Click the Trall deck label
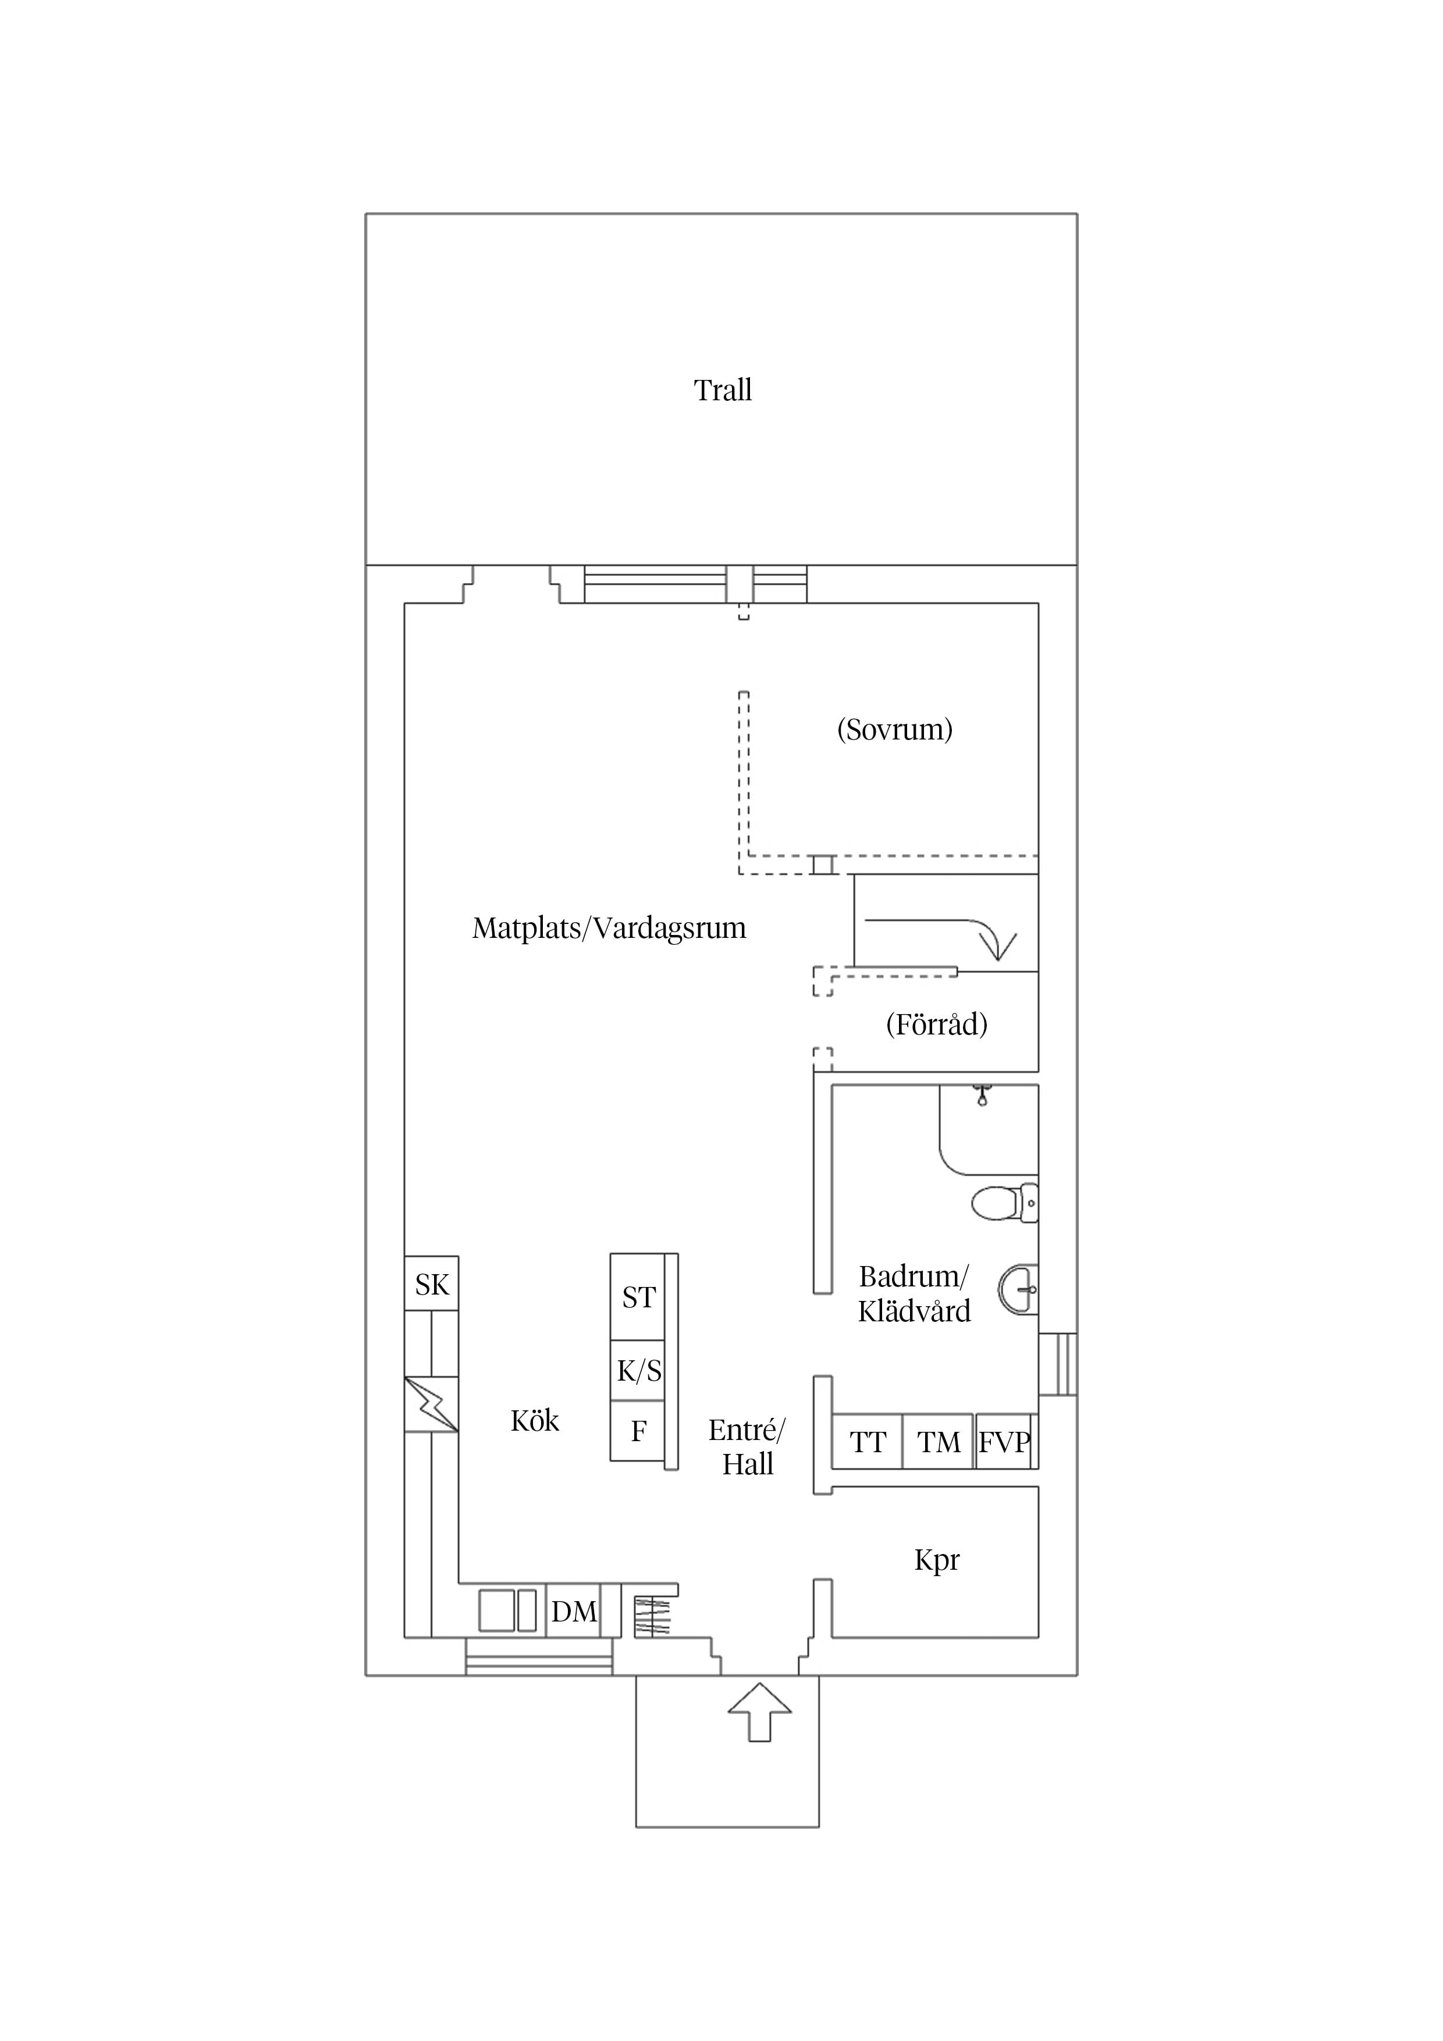tap(723, 390)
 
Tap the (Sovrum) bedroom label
tap(894, 729)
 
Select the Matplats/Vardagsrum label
tap(609, 927)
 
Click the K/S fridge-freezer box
tap(638, 1371)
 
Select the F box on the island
tap(638, 1431)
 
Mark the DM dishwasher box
tap(574, 1611)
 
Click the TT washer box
tap(867, 1442)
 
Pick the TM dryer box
tap(939, 1442)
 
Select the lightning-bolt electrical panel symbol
tap(432, 1404)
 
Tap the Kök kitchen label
tap(534, 1421)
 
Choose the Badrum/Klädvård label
tap(914, 1295)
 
